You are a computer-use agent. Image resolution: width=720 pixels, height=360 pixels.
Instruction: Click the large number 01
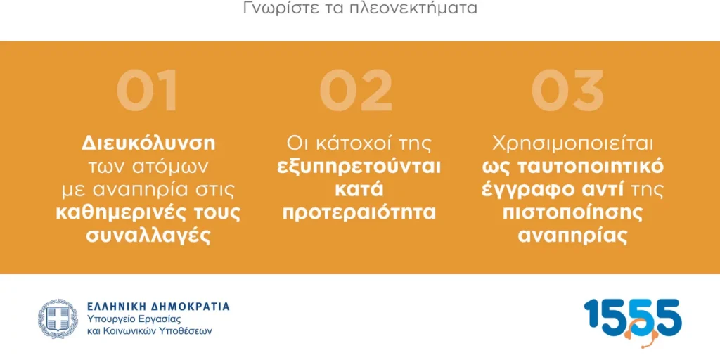point(147,90)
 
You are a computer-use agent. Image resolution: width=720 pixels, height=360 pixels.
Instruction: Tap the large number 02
point(356,90)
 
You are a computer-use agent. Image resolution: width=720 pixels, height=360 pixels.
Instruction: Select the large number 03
point(567,90)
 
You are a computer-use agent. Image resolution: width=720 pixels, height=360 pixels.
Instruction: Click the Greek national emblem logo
point(58,319)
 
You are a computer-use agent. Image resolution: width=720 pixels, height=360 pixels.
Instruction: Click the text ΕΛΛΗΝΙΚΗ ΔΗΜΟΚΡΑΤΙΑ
point(158,307)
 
